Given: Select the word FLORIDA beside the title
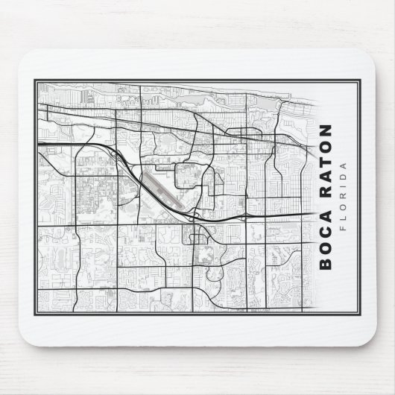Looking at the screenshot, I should point(344,195).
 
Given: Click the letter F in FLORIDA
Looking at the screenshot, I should point(344,227).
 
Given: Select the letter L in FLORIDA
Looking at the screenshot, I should point(344,217).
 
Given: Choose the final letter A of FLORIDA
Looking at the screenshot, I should point(344,163).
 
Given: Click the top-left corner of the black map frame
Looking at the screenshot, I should point(35,80).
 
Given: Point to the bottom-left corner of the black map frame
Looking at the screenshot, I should point(35,312).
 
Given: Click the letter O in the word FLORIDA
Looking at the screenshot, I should point(344,206).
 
